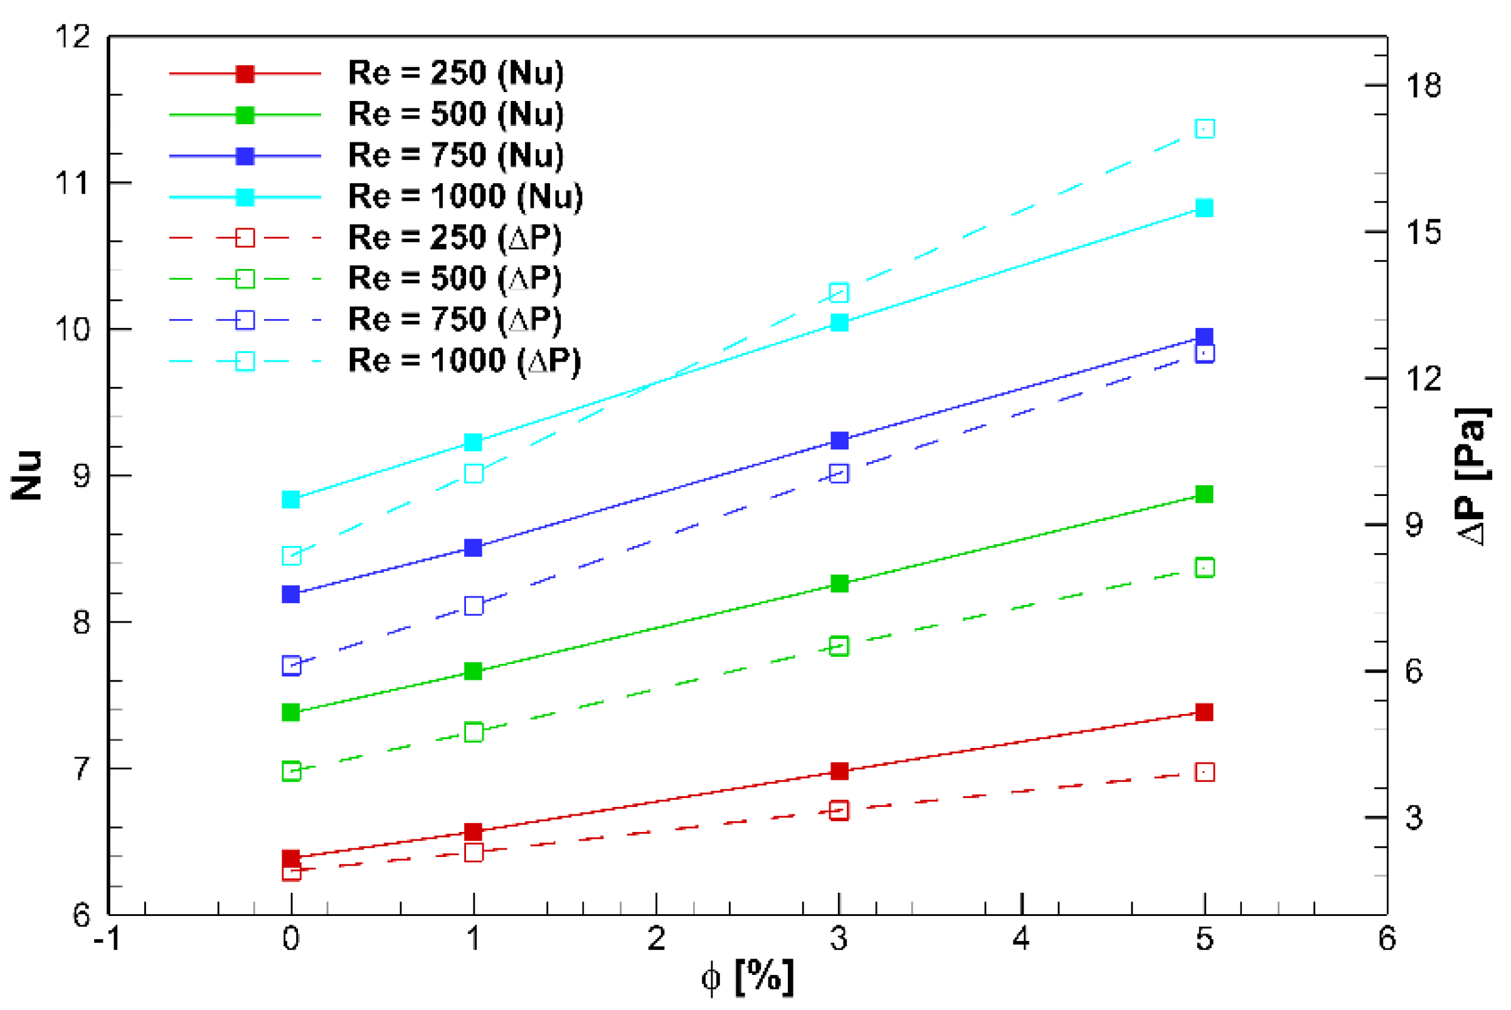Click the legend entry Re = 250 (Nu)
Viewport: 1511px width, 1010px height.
(455, 73)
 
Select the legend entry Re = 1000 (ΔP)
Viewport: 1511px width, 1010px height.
(464, 360)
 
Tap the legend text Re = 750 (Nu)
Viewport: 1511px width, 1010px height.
(455, 155)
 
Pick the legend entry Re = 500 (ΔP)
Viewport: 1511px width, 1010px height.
(454, 278)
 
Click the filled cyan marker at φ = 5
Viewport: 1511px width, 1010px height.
(1204, 208)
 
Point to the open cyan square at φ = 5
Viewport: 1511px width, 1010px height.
(1204, 129)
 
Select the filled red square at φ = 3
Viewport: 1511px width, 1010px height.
(839, 771)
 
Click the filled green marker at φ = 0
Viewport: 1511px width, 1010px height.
(291, 712)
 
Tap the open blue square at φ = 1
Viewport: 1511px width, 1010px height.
(474, 606)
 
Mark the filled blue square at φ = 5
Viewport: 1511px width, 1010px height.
(1204, 336)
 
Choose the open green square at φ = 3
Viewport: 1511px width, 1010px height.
(839, 646)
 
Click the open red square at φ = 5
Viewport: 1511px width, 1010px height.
(1204, 772)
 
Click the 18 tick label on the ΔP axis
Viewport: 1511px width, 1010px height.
(1423, 86)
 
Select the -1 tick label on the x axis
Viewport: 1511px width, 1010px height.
(107, 939)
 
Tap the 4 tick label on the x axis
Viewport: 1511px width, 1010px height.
(1021, 939)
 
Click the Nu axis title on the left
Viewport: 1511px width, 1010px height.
(27, 475)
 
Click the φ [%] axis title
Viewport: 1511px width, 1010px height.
(748, 978)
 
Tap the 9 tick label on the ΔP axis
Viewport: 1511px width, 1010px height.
(1414, 525)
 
